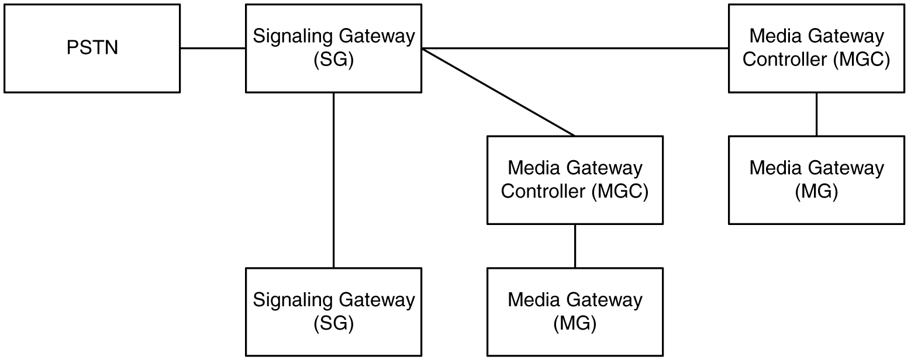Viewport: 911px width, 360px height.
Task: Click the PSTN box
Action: coord(92,48)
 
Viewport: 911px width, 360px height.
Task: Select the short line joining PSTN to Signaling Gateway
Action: coord(213,48)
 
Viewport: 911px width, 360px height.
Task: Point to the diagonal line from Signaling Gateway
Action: coord(498,92)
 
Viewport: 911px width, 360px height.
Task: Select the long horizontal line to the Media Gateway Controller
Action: coord(575,48)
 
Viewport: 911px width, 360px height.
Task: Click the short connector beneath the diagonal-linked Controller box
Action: coord(575,245)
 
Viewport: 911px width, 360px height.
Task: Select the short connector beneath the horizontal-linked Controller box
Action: coord(816,114)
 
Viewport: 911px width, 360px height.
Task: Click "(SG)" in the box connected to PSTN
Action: coord(333,60)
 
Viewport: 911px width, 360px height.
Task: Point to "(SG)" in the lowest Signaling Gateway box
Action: coord(333,323)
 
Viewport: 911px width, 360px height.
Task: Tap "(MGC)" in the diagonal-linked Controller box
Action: coord(620,192)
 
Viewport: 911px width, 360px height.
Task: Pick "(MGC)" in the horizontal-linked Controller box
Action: coord(861,60)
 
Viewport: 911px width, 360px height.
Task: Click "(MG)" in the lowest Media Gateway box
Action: coord(575,323)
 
